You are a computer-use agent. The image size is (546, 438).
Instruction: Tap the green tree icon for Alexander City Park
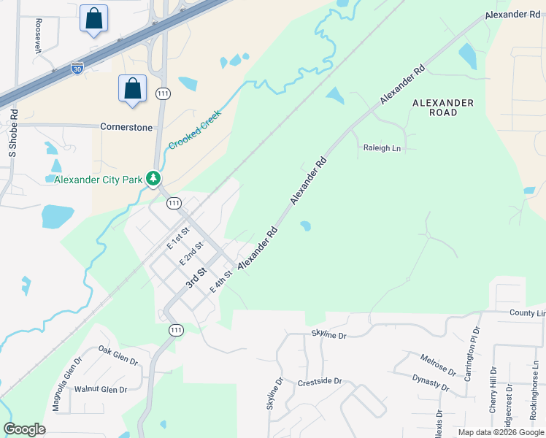(x=153, y=178)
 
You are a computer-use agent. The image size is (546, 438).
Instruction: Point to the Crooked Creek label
(x=195, y=130)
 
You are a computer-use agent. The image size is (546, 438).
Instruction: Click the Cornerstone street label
(x=126, y=127)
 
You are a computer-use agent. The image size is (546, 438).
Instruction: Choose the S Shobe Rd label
(x=12, y=134)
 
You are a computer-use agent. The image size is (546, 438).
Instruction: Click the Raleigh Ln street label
(x=382, y=148)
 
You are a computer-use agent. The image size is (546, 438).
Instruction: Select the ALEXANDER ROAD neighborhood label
(x=443, y=107)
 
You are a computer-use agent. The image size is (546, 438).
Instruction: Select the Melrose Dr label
(x=438, y=366)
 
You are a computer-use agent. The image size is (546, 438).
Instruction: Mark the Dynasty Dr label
(x=430, y=382)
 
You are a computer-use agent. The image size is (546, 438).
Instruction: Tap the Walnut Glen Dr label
(x=101, y=389)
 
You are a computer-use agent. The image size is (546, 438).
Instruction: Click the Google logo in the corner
(x=24, y=429)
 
